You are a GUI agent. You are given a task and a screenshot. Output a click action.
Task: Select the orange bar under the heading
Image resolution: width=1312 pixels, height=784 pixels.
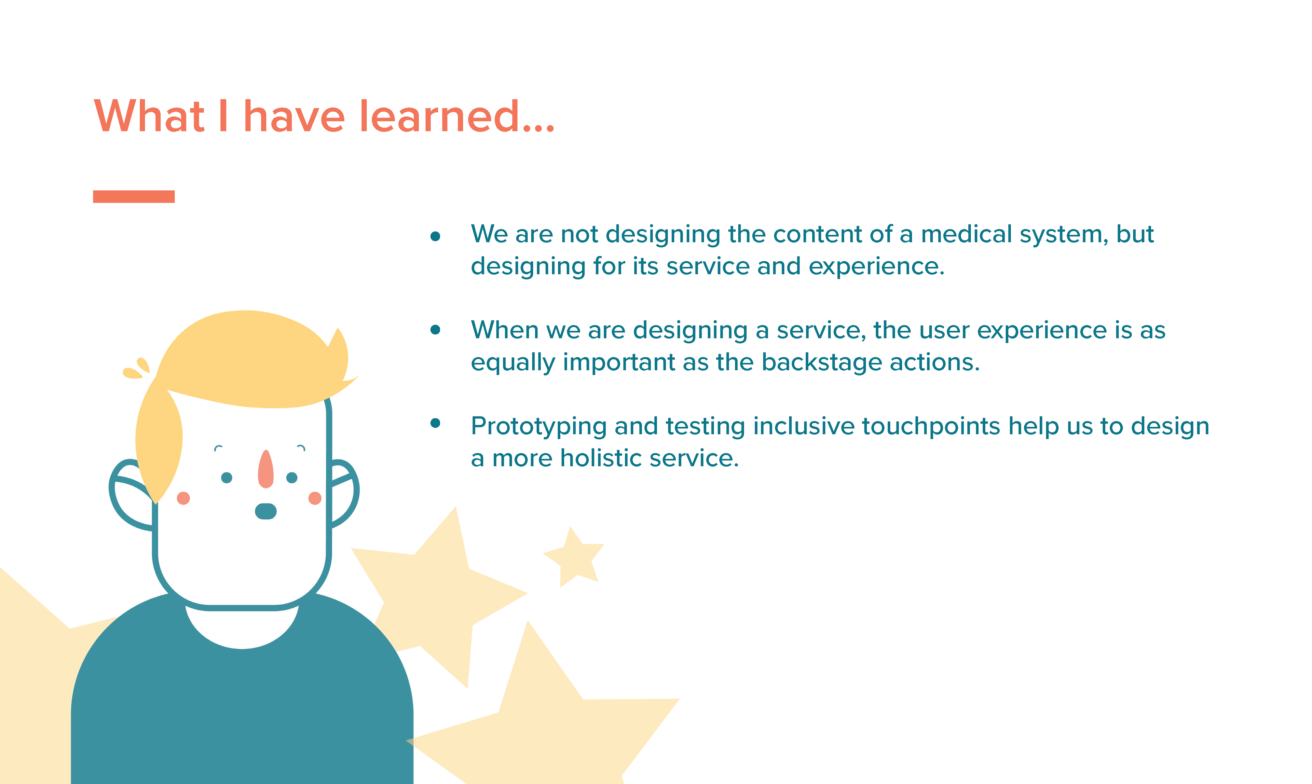[134, 196]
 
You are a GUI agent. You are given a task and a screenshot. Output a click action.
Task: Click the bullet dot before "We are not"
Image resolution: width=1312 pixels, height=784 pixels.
[435, 236]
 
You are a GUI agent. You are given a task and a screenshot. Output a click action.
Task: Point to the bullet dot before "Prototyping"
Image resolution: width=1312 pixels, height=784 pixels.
[435, 423]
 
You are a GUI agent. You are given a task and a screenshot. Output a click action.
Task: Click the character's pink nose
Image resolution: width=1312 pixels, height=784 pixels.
[266, 469]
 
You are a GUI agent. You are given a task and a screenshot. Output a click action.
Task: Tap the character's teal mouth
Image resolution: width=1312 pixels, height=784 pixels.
[266, 511]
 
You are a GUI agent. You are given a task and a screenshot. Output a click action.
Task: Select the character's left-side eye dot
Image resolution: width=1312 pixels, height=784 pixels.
[227, 478]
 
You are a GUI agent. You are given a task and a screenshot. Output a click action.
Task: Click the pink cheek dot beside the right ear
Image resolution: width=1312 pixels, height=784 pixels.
[315, 498]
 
